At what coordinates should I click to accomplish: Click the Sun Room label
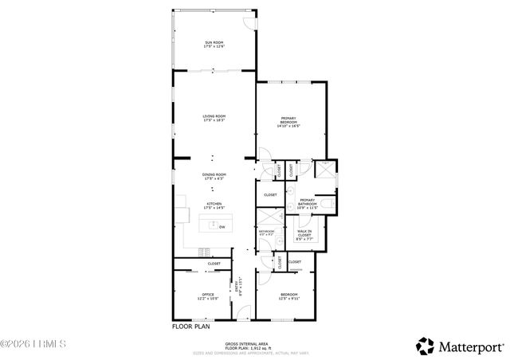click(214, 44)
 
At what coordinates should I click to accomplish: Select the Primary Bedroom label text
click(288, 122)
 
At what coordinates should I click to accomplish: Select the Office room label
click(206, 297)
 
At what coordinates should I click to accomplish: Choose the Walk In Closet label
click(304, 233)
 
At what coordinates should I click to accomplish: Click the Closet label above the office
click(214, 264)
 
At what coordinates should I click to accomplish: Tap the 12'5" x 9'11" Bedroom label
click(289, 297)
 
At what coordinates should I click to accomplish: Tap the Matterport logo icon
click(425, 346)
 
